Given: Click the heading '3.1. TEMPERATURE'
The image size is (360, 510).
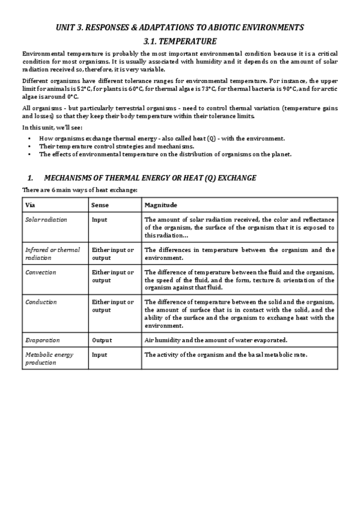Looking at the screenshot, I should point(180,41).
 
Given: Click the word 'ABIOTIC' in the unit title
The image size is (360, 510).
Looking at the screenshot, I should point(229,28).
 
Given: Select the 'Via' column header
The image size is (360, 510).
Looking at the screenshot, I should point(30,205).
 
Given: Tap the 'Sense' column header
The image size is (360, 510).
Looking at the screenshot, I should point(100,205).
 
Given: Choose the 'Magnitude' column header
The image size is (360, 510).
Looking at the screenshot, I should point(160,205).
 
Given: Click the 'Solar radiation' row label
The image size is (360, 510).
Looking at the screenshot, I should point(46,220).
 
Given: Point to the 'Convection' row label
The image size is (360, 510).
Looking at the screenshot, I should point(40,272).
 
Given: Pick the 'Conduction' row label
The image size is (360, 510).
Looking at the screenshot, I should point(41,302).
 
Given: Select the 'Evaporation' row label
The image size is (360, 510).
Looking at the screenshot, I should point(42,340).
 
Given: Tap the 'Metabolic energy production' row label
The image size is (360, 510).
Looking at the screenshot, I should point(49,359).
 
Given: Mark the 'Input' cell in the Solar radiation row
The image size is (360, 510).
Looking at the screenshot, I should point(99,220).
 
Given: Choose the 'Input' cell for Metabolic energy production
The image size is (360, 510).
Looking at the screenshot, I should point(99,355).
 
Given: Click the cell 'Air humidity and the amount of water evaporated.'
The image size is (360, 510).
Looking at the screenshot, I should point(216,340).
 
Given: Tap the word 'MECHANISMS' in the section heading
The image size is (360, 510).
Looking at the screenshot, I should point(68,178).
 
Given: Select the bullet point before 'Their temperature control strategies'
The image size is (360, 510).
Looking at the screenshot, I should point(29,146).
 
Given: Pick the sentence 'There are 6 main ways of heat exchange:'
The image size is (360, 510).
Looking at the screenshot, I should point(80,190).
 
